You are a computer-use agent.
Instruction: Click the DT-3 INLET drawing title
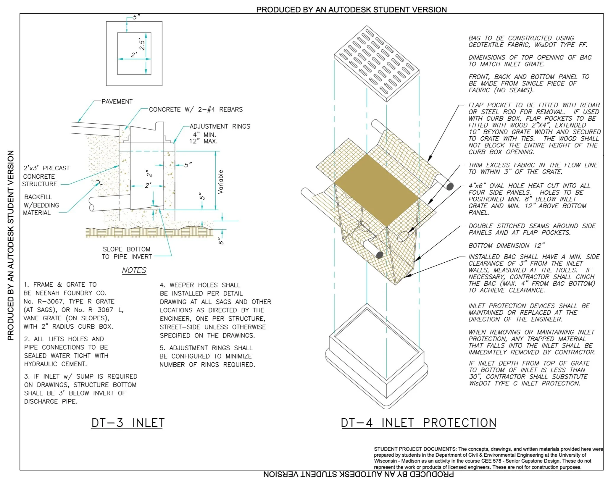[x=128, y=423]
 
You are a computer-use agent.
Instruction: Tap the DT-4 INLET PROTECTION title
[x=418, y=423]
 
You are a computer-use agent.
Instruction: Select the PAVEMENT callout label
[x=117, y=101]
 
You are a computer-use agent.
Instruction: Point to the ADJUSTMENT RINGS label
[x=220, y=126]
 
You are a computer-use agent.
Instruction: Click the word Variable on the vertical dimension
[x=220, y=182]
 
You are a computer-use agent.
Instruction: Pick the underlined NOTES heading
[x=134, y=270]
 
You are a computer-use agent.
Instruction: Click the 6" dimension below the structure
[x=221, y=241]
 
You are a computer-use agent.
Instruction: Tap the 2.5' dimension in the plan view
[x=142, y=45]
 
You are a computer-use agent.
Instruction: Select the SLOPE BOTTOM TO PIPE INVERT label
[x=127, y=253]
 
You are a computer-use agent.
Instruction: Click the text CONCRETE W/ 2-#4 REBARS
[x=196, y=109]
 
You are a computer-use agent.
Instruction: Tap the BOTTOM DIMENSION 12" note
[x=506, y=245]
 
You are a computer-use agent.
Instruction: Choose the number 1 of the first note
[x=26, y=285]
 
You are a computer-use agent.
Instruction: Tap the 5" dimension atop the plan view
[x=136, y=17]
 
